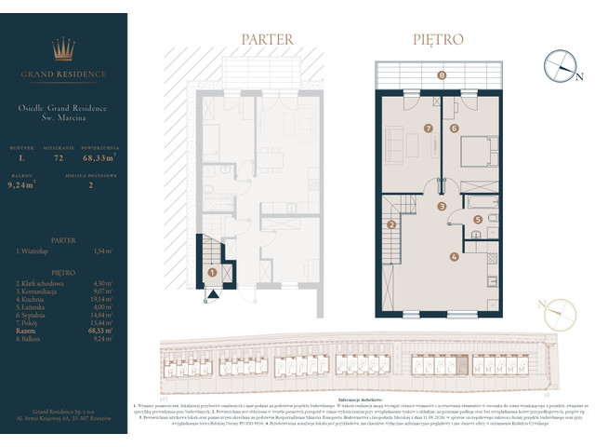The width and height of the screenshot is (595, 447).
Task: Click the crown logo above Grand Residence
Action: (x=64, y=49)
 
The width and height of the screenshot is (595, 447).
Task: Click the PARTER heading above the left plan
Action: (x=268, y=40)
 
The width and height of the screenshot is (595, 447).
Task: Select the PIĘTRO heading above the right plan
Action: (x=439, y=40)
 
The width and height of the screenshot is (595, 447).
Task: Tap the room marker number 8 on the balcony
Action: (x=442, y=74)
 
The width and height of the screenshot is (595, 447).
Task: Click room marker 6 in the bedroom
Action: (x=455, y=128)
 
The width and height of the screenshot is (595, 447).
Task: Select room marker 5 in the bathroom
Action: (x=478, y=220)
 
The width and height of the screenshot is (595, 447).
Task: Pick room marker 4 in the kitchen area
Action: (x=454, y=257)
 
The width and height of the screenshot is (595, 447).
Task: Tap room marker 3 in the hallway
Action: (x=443, y=206)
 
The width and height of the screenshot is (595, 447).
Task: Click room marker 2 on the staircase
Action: (x=392, y=224)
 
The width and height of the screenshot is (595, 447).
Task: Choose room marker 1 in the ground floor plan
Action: (x=213, y=273)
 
